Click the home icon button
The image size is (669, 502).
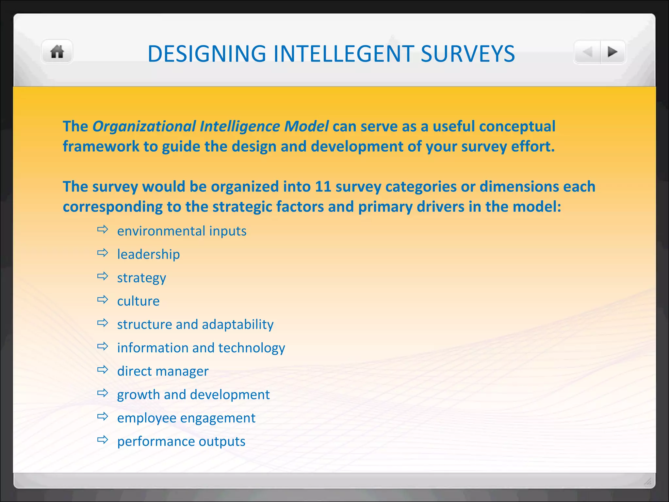pos(57,52)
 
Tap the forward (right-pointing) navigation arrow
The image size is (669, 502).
pos(612,52)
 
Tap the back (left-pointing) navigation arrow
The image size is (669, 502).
pos(588,52)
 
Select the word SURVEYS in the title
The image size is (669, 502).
pos(468,54)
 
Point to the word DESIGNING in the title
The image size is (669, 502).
pos(206,54)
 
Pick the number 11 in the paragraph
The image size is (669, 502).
pos(323,187)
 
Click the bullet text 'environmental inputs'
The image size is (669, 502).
pos(182,231)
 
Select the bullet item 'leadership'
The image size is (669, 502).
pos(148,255)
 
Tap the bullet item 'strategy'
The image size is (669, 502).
pos(141,278)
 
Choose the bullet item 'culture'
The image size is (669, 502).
pos(138,301)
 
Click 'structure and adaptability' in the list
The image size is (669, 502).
pos(195,325)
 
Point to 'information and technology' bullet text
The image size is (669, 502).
pos(201,348)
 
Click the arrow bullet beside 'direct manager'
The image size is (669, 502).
pos(103,370)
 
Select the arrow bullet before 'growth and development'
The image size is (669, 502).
pos(103,393)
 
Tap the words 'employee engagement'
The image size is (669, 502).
pos(186,418)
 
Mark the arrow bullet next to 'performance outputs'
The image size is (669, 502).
pos(103,440)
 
